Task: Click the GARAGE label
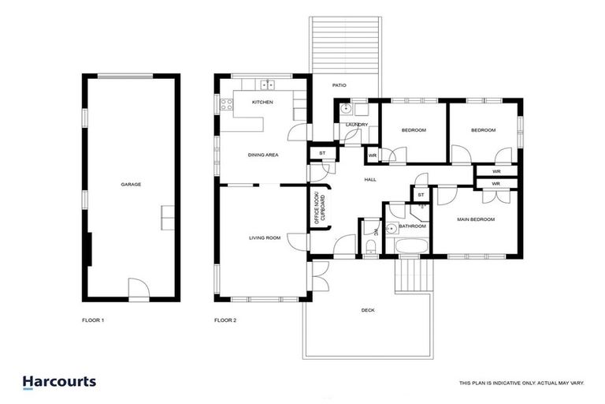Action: coord(131,185)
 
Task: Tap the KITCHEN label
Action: coord(262,103)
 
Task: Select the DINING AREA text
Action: coord(263,155)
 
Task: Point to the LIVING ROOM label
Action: coord(265,238)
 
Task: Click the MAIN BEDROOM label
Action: coord(476,219)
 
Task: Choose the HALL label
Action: coord(369,180)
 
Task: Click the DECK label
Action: coord(367,310)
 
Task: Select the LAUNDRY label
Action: coord(357,125)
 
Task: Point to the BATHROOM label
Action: coord(412,226)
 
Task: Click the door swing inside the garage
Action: coord(139,289)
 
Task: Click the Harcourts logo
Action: coord(59,382)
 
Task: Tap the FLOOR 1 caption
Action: coord(93,320)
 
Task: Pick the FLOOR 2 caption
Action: coord(225,320)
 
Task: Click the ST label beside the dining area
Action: coord(321,153)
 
